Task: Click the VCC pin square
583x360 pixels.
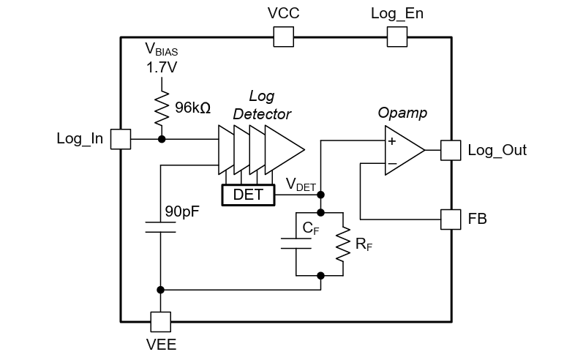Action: pyautogui.click(x=283, y=37)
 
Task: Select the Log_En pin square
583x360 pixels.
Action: pyautogui.click(x=396, y=37)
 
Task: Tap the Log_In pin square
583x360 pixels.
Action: pyautogui.click(x=120, y=139)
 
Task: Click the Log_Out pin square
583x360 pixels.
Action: pyautogui.click(x=451, y=150)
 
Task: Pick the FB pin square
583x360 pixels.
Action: pyautogui.click(x=451, y=218)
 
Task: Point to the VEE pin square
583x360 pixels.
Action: pyautogui.click(x=160, y=321)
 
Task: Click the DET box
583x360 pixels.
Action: pyautogui.click(x=248, y=195)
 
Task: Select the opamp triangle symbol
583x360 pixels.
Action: pyautogui.click(x=402, y=151)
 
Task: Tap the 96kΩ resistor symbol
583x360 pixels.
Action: pyautogui.click(x=161, y=108)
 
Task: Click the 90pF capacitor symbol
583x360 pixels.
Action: pyautogui.click(x=160, y=227)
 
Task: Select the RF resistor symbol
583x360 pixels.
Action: pyautogui.click(x=342, y=244)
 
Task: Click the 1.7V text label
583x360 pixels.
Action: pyautogui.click(x=161, y=68)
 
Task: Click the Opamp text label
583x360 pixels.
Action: pyautogui.click(x=402, y=113)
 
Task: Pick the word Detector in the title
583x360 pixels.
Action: pyautogui.click(x=262, y=114)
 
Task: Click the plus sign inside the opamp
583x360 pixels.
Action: pyautogui.click(x=392, y=141)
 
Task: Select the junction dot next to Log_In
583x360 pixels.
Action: pyautogui.click(x=161, y=139)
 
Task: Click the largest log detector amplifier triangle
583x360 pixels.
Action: pyautogui.click(x=285, y=150)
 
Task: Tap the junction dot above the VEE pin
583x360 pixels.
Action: pyautogui.click(x=161, y=290)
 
